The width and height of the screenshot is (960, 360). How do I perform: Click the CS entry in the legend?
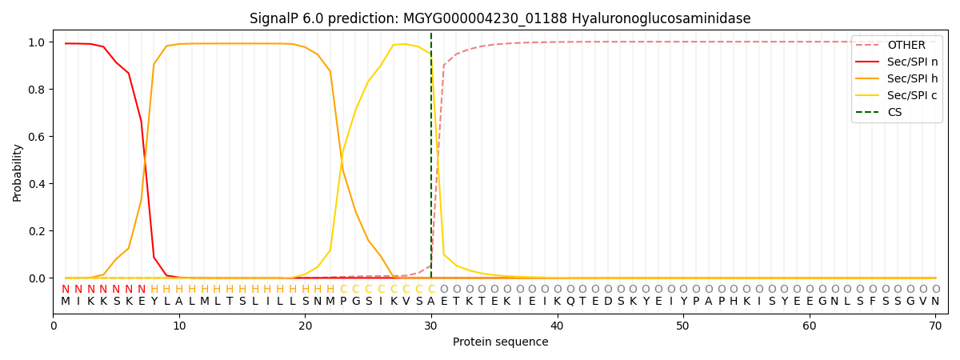[x=894, y=112]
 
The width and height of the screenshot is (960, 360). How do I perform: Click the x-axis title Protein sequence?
[x=500, y=342]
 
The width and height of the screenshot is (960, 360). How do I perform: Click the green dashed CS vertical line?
[x=431, y=160]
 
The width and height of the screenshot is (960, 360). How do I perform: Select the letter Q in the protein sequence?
[x=570, y=302]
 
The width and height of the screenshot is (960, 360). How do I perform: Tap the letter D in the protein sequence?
[x=607, y=302]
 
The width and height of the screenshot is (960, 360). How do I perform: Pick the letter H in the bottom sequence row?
[x=734, y=302]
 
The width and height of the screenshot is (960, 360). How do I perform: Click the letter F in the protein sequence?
[x=872, y=302]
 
